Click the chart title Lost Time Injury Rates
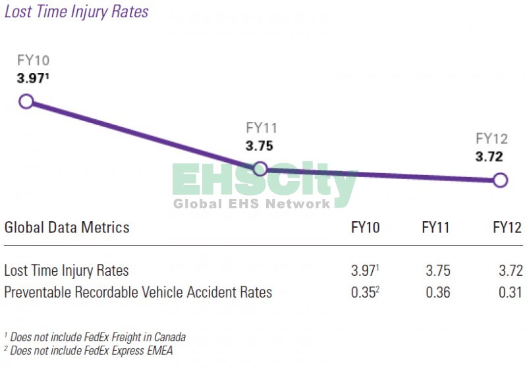point(76,11)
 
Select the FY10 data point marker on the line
point(26,101)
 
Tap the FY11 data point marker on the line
point(260,169)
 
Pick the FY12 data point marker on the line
point(500,180)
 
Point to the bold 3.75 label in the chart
point(260,146)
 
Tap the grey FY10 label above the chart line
point(33,61)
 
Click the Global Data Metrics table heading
point(67,228)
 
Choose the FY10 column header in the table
point(366,228)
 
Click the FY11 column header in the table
point(436,228)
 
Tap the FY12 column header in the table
point(507,228)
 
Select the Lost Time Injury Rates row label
point(67,271)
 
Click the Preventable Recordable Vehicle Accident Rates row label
point(138,292)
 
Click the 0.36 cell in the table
point(437,292)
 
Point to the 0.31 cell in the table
point(508,292)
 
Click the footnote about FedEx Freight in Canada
point(95,337)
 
